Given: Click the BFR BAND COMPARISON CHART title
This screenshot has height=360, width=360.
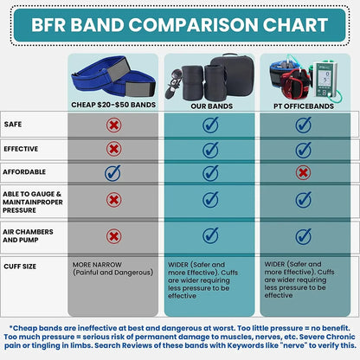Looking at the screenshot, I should (x=180, y=24).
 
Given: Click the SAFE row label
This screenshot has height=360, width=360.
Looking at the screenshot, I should (x=14, y=125).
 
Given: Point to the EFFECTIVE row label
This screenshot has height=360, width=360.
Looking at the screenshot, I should (x=22, y=149).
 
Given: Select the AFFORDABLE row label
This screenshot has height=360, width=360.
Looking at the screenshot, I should (x=26, y=173).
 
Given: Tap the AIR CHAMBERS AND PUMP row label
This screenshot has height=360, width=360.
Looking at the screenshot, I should (x=33, y=235).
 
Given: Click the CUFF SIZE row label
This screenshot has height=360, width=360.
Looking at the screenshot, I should (x=22, y=267).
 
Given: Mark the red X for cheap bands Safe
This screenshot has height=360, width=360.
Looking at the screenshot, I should (x=112, y=125).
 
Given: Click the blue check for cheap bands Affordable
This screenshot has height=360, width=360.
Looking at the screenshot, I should (x=112, y=173).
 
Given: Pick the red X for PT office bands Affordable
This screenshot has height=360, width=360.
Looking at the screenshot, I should (x=303, y=173).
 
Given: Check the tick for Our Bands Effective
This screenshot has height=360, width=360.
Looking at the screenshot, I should (x=209, y=149).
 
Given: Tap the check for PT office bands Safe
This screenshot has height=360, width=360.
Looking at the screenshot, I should (x=303, y=125).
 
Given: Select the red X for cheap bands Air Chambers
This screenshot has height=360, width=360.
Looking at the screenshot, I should (x=112, y=235).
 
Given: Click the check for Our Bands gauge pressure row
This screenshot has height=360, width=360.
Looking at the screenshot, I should (x=209, y=200).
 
